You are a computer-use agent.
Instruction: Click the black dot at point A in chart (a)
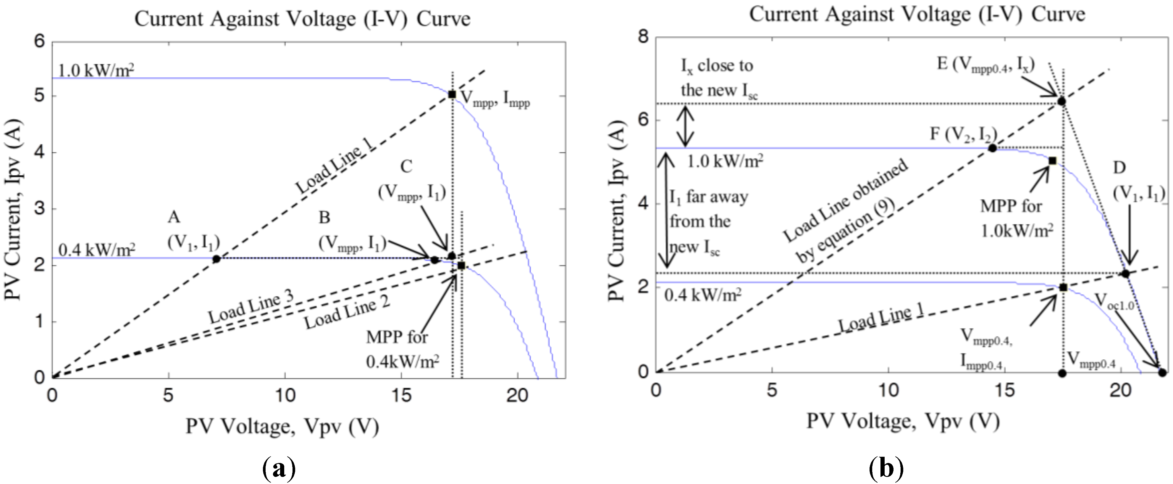point(216,259)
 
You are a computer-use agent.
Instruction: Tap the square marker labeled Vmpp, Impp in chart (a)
point(452,94)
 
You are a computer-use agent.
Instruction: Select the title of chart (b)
point(917,14)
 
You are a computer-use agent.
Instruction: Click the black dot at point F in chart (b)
point(992,148)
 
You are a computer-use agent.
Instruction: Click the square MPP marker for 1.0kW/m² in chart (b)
point(1052,161)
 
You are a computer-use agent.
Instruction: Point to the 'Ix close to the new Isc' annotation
point(718,78)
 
